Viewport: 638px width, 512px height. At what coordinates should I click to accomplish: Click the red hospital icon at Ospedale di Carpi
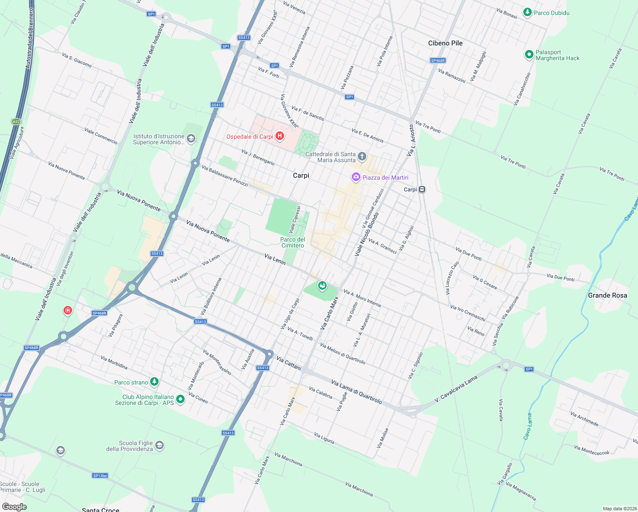tap(280, 136)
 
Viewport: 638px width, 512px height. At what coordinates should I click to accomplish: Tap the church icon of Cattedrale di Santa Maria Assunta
tap(362, 157)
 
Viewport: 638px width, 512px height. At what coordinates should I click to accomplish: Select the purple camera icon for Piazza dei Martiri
tap(356, 177)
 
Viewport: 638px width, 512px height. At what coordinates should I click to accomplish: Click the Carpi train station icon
tap(422, 189)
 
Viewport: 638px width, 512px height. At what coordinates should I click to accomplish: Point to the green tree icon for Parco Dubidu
tap(528, 12)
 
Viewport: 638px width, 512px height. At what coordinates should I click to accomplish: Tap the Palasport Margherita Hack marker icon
tap(529, 54)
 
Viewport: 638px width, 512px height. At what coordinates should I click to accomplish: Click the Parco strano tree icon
tap(154, 382)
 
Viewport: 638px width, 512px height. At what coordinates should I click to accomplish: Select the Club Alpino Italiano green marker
tap(180, 399)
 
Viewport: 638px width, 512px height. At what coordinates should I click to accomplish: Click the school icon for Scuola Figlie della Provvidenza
tap(159, 445)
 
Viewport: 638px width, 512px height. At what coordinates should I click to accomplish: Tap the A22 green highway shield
tap(16, 122)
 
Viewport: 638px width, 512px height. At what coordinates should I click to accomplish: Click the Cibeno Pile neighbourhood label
tap(445, 43)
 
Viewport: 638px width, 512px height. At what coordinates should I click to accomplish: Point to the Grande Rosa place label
tap(607, 295)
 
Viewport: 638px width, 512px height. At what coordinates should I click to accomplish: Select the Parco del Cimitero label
tap(292, 242)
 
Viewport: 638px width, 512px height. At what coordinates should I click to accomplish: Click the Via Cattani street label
tap(289, 363)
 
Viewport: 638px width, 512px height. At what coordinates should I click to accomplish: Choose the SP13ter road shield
tap(100, 475)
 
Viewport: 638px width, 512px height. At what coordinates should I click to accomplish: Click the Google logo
tap(14, 507)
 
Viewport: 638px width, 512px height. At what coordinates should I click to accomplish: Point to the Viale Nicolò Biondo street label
tap(367, 234)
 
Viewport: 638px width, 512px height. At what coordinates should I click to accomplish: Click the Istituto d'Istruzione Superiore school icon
tap(191, 138)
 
